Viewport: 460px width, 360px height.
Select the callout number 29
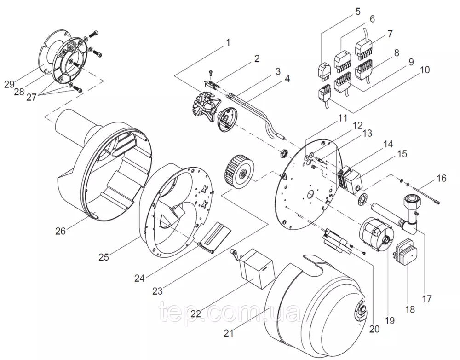[x=9, y=84]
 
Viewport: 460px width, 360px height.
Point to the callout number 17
[x=426, y=298]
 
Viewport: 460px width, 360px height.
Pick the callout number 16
[x=442, y=178]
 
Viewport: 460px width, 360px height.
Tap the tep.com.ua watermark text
[x=230, y=314]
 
